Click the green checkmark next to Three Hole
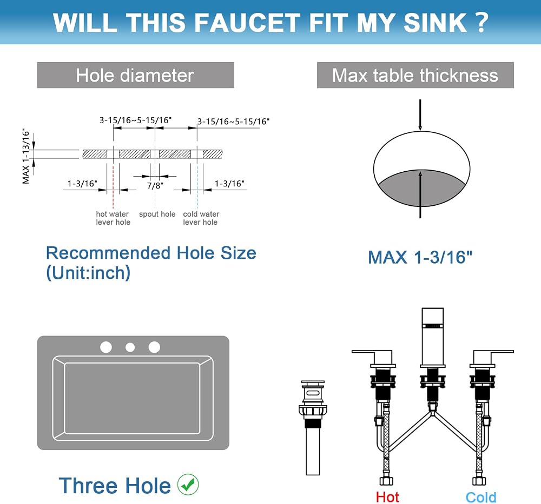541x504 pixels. tap(188, 485)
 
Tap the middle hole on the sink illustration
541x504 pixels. tap(130, 347)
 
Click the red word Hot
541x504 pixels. tap(387, 497)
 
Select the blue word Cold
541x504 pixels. tap(481, 498)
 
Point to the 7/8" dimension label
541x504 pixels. tap(155, 186)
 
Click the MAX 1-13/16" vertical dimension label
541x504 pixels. tap(26, 156)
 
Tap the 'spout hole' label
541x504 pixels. tap(157, 214)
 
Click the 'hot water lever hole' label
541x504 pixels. tap(113, 218)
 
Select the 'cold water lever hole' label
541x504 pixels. tap(201, 218)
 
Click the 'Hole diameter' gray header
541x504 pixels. tap(135, 75)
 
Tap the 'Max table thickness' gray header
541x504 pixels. tap(415, 75)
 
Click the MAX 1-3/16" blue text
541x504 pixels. tap(420, 257)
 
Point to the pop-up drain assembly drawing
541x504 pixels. tap(313, 427)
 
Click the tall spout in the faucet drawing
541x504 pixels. tap(433, 337)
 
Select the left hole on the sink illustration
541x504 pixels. tap(106, 347)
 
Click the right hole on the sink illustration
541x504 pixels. tap(154, 347)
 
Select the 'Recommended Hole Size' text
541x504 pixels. tap(151, 253)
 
